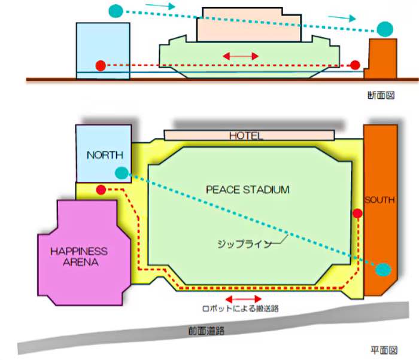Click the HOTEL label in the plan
point(246,136)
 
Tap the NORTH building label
point(105,155)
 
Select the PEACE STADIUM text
point(247,190)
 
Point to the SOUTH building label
point(379,200)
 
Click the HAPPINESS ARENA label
point(79,257)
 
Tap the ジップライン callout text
point(244,244)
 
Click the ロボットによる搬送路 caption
point(241,309)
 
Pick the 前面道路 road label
point(207,331)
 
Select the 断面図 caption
point(381,95)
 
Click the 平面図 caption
point(384,350)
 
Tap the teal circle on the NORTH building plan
point(122,173)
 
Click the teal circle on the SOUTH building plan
point(383,270)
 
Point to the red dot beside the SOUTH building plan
point(357,213)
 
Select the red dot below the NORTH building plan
point(101,190)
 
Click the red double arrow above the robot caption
point(244,299)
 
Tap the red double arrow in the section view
point(241,56)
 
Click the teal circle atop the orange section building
point(385,29)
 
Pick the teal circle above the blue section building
point(116,11)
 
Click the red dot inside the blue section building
point(101,66)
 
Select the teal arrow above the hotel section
point(160,6)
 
